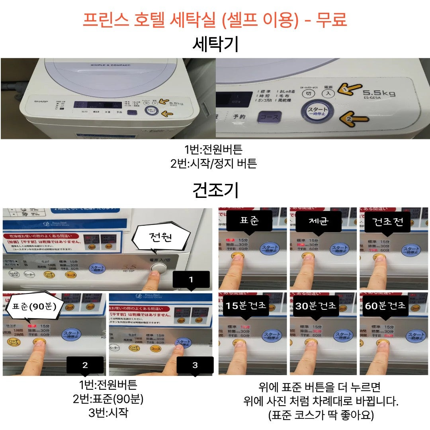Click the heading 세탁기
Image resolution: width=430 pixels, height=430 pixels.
(215, 44)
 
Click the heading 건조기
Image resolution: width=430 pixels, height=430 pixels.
(215, 190)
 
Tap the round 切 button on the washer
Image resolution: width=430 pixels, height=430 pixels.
(307, 94)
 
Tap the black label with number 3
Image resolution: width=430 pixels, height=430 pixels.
(195, 365)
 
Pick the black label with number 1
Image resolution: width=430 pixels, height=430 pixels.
(191, 279)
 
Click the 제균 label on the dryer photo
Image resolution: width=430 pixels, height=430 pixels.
(319, 221)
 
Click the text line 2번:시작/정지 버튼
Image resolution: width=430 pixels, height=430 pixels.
(213, 164)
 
